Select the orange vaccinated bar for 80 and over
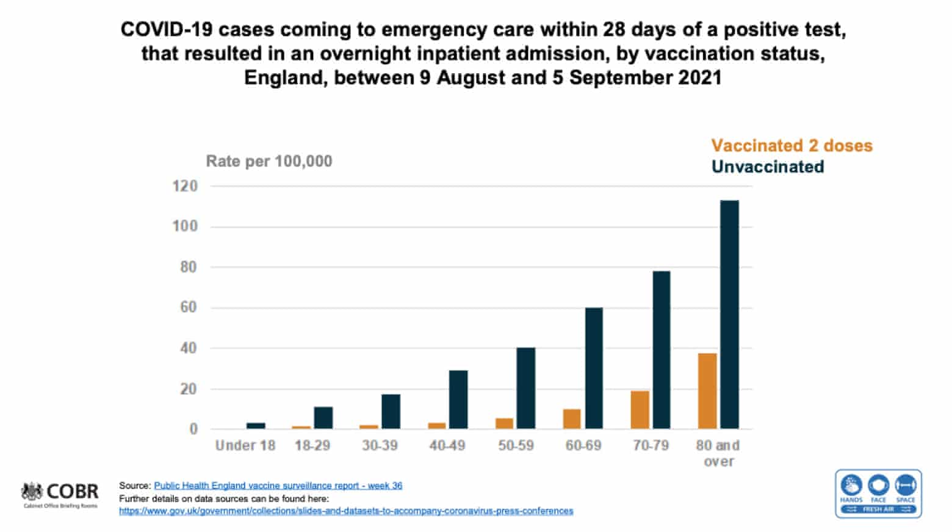tap(707, 391)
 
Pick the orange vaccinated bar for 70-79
tap(640, 410)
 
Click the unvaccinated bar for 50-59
tap(525, 388)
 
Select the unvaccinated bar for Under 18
tap(256, 426)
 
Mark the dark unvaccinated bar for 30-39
tap(391, 412)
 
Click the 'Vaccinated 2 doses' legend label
tap(792, 146)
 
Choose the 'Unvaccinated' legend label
tap(768, 167)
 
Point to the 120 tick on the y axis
tap(185, 186)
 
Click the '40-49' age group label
tap(447, 446)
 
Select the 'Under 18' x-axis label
tap(245, 446)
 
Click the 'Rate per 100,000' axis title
tap(269, 162)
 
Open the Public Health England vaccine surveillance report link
tap(278, 486)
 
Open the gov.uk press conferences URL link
tap(346, 511)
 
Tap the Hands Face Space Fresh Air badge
tap(878, 494)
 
